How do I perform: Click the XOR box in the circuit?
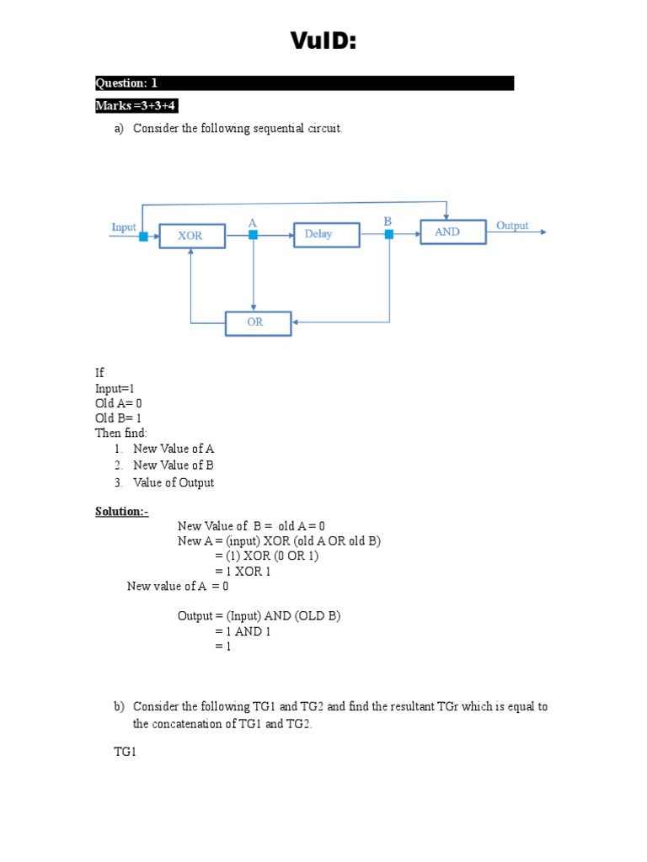coord(191,236)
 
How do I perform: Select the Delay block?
coord(326,234)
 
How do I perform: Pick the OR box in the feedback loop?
coord(258,322)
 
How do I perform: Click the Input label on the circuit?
coord(124,227)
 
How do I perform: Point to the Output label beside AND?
coord(512,226)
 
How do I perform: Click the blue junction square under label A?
coord(253,236)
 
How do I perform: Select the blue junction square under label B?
coord(388,235)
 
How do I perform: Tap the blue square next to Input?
coord(143,237)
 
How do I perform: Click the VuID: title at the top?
coord(323,40)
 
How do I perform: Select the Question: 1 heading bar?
coord(304,83)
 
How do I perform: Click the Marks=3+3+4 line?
coord(136,106)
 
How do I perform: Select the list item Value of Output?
coord(173,482)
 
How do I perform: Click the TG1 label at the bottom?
coord(125,752)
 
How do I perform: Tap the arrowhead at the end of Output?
coord(543,232)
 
